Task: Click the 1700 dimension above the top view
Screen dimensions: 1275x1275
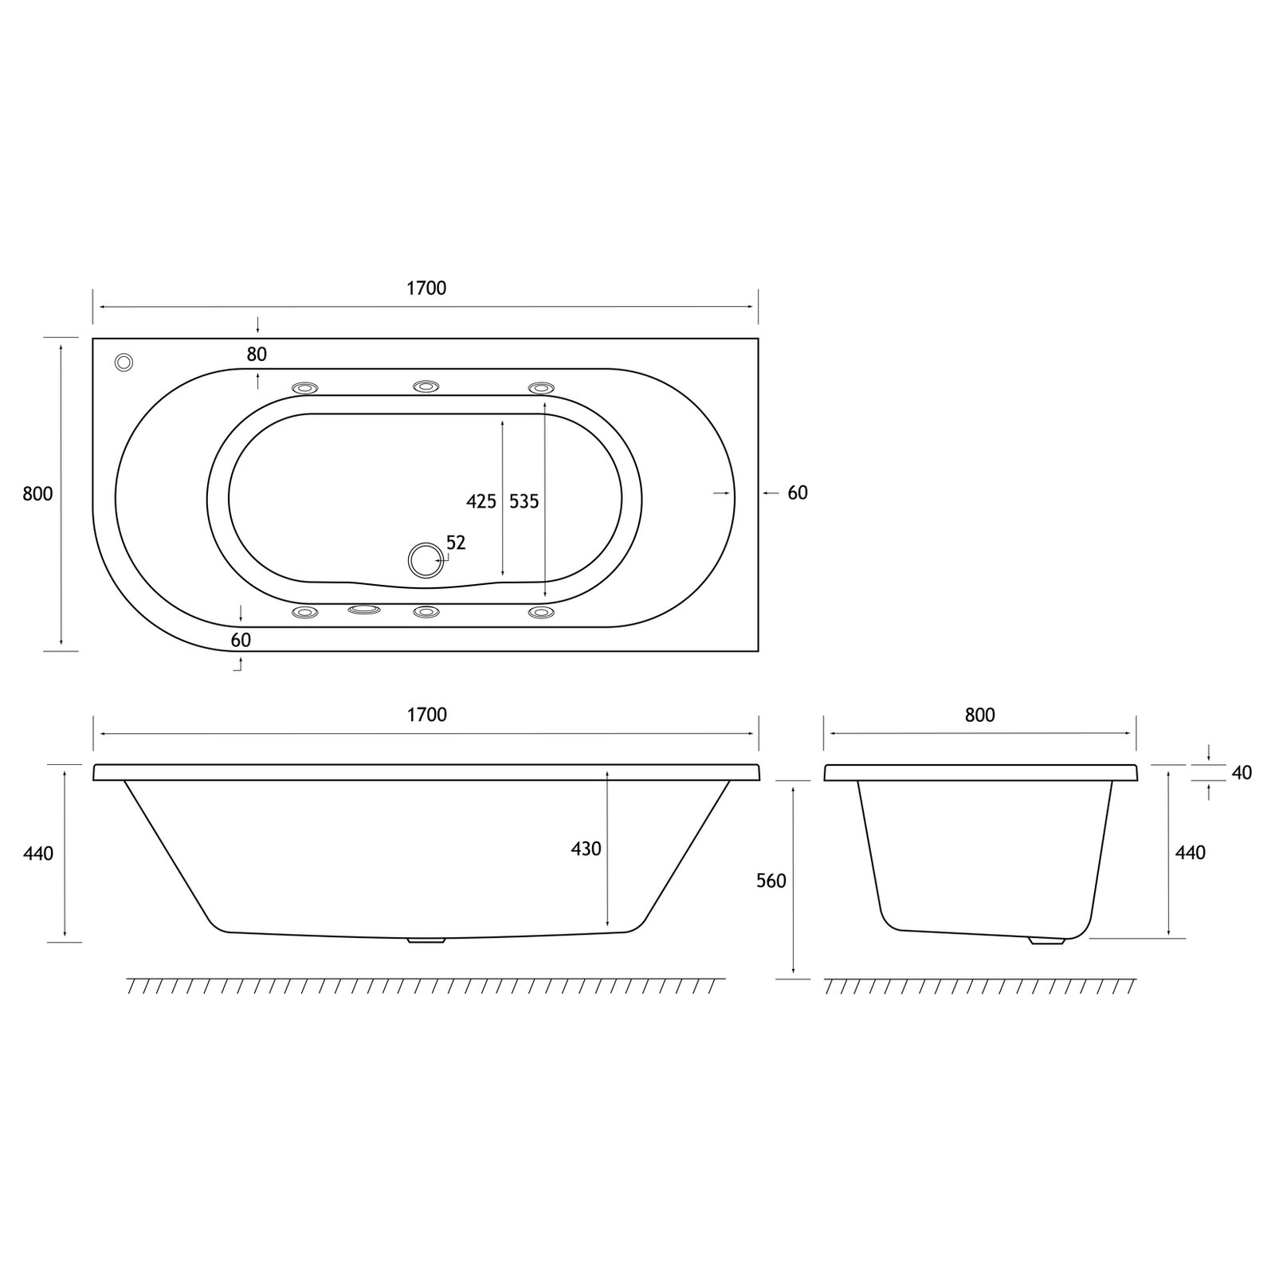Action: pyautogui.click(x=426, y=288)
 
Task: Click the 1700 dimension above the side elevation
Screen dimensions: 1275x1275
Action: pyautogui.click(x=426, y=715)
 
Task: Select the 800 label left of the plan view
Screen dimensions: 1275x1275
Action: pyautogui.click(x=37, y=494)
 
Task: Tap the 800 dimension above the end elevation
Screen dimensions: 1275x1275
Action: pyautogui.click(x=979, y=715)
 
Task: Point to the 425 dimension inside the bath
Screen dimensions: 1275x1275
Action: pyautogui.click(x=481, y=501)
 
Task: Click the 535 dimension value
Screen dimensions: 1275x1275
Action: pyautogui.click(x=524, y=501)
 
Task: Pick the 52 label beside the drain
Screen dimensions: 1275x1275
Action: pyautogui.click(x=456, y=543)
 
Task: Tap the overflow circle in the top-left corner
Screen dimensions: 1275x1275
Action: pyautogui.click(x=124, y=362)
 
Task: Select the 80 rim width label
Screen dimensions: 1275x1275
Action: pyautogui.click(x=257, y=355)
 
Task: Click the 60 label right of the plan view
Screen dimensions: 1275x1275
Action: pyautogui.click(x=797, y=493)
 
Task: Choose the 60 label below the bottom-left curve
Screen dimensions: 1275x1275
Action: pyautogui.click(x=241, y=640)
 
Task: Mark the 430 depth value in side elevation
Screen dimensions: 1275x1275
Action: pyautogui.click(x=586, y=849)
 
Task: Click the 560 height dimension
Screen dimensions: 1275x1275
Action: pyautogui.click(x=771, y=881)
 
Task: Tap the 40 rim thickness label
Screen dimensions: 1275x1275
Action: pyautogui.click(x=1242, y=772)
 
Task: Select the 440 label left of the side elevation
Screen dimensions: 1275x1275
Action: pyautogui.click(x=38, y=853)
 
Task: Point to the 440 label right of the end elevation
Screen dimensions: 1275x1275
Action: pyautogui.click(x=1191, y=853)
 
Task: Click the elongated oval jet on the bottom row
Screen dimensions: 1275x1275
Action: pyautogui.click(x=365, y=610)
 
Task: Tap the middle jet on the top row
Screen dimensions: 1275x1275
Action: pyautogui.click(x=426, y=386)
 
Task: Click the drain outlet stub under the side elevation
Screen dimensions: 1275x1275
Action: pyautogui.click(x=426, y=941)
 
